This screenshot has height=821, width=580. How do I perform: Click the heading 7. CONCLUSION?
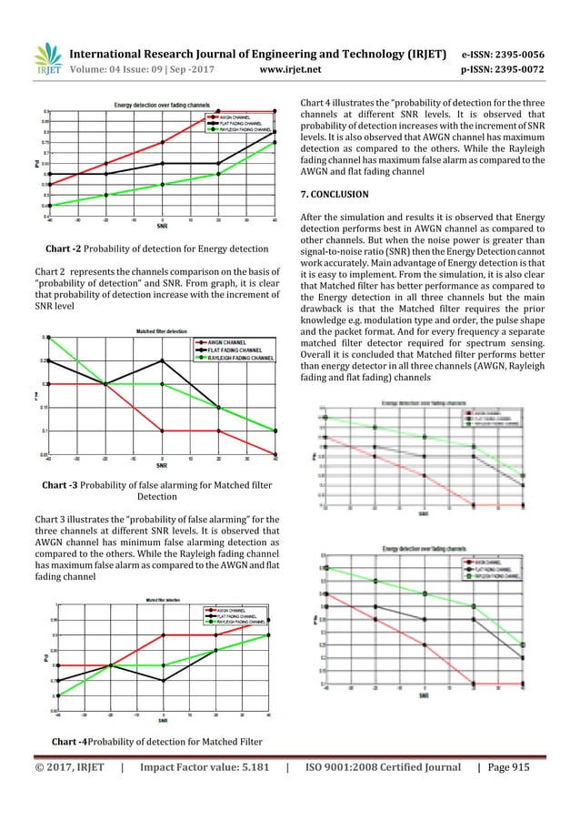334,194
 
